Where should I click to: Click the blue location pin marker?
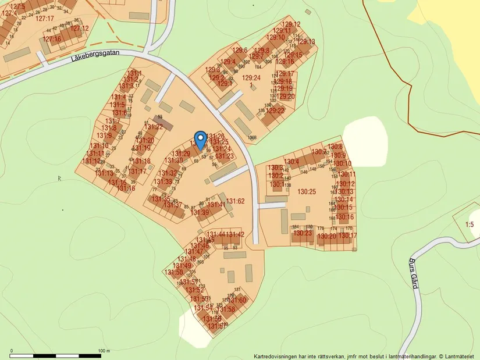coord(200,140)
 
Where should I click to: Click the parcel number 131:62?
coord(236,201)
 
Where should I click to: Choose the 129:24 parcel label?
coord(251,78)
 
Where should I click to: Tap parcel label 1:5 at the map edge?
coord(470,224)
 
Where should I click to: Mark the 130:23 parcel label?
coord(303,233)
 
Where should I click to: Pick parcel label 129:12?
coord(291,24)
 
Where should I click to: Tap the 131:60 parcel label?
coord(237,300)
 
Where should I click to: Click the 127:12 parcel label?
coord(79,28)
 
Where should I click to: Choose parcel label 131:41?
coord(216,205)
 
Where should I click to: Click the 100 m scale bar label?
coord(103,351)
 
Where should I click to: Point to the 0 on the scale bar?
coord(12,351)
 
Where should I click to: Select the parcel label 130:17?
coord(348,236)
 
